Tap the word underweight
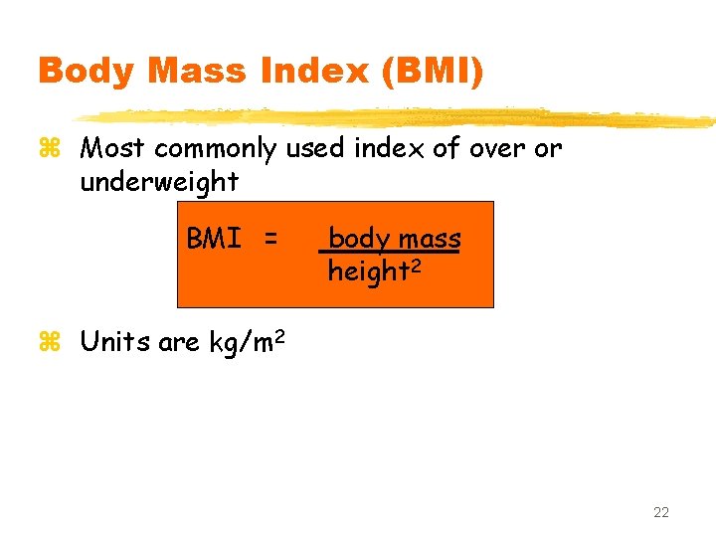tap(159, 182)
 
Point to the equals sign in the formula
tap(269, 240)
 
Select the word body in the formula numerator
tap(359, 240)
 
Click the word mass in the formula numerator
tap(429, 240)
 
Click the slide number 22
tap(661, 512)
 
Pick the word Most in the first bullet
tap(111, 149)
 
